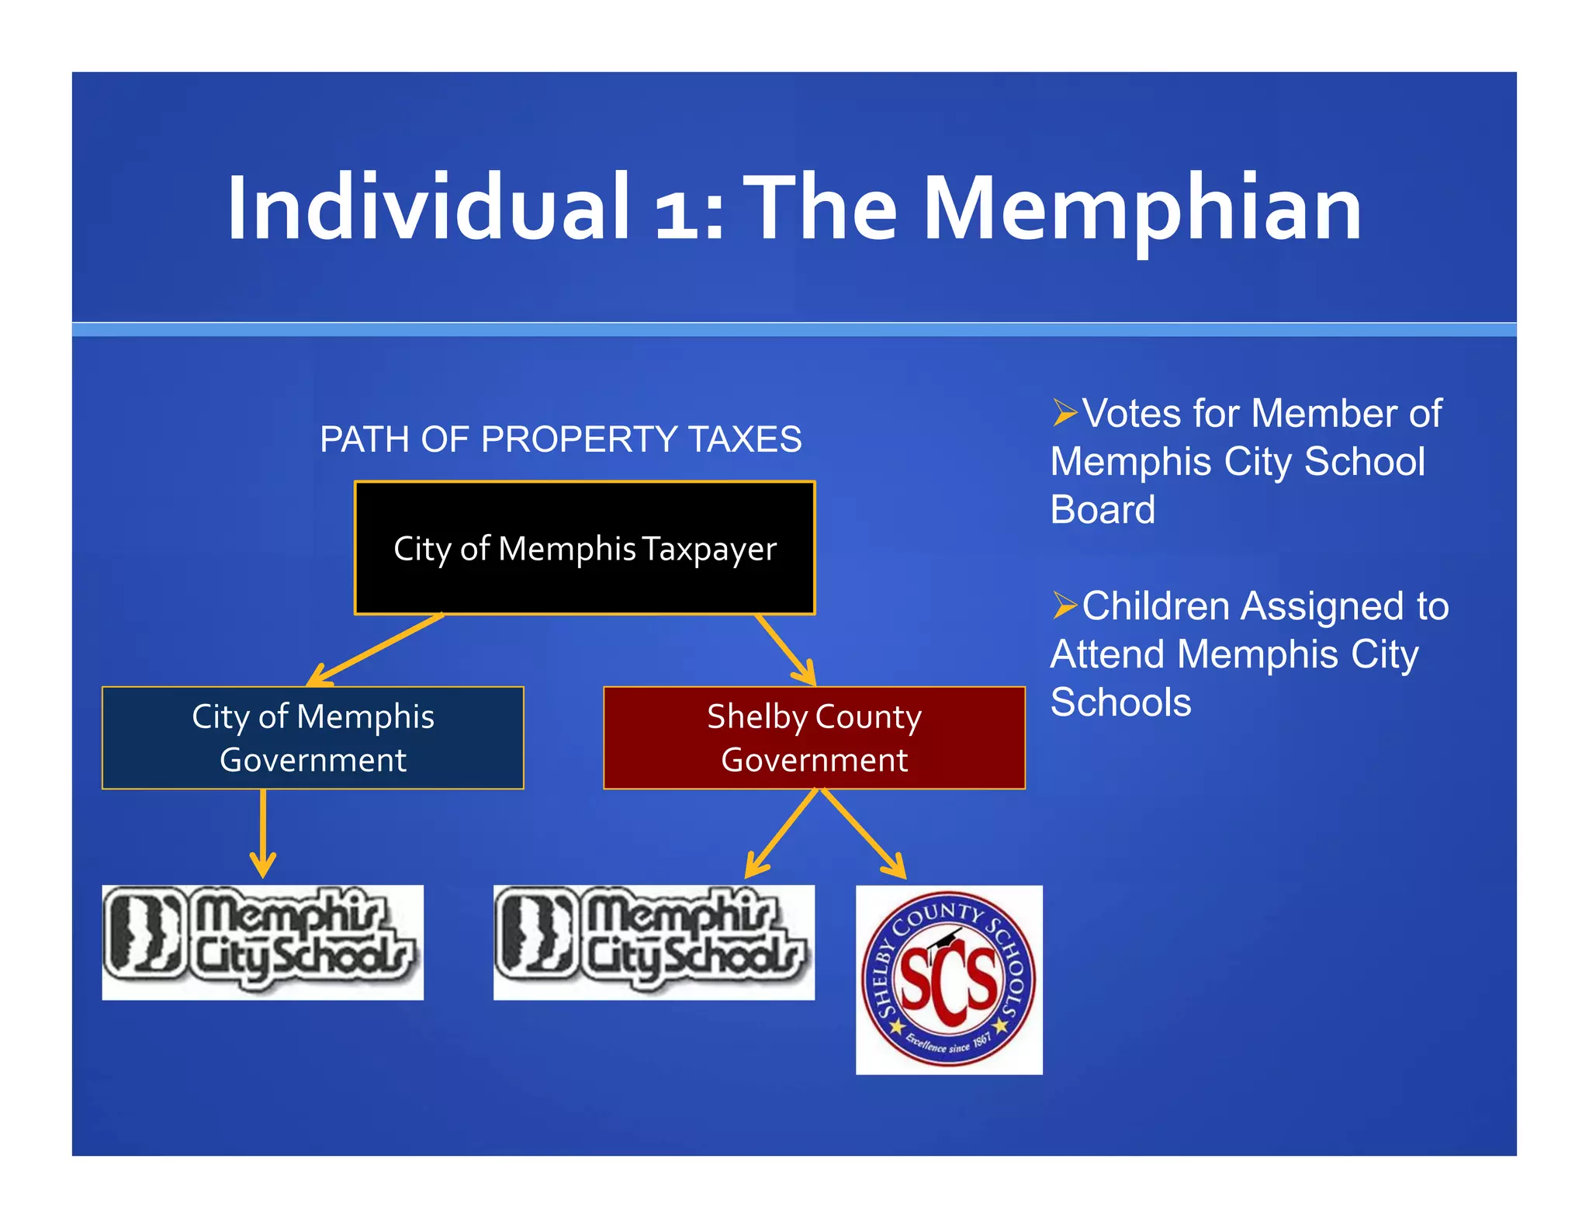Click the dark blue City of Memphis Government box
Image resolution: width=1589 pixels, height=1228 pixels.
[313, 737]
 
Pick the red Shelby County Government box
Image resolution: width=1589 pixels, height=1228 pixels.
[814, 737]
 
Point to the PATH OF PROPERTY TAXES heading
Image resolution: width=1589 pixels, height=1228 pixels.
[560, 439]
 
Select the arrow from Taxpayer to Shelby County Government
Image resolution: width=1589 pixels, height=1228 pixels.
[785, 649]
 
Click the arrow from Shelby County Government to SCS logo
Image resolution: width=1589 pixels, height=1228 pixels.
[863, 832]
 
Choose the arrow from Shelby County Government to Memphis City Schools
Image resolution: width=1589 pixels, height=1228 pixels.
[782, 832]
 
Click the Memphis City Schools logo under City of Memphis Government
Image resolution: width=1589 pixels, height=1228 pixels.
[263, 942]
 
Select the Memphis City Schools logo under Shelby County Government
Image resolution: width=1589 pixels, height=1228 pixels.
[654, 942]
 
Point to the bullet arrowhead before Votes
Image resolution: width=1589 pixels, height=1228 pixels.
[1065, 413]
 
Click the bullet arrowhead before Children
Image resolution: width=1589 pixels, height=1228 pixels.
[1065, 605]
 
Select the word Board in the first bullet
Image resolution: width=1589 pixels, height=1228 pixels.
[1103, 510]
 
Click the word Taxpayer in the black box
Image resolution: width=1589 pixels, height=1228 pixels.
[709, 550]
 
